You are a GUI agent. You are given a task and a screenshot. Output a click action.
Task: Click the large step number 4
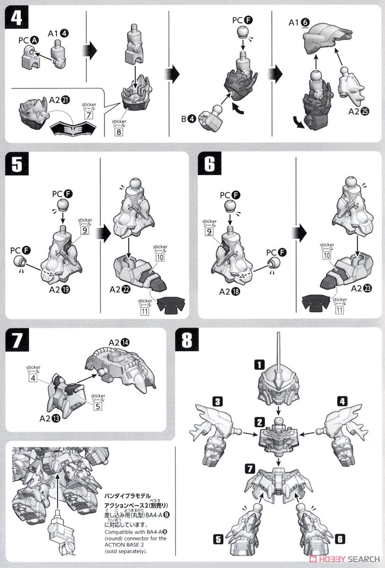click(x=17, y=17)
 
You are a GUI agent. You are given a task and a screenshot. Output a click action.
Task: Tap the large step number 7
click(x=17, y=340)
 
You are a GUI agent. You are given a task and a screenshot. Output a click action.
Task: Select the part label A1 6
click(x=299, y=23)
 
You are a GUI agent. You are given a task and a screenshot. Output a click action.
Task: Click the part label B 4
click(x=189, y=119)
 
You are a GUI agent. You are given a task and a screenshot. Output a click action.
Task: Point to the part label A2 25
click(x=359, y=111)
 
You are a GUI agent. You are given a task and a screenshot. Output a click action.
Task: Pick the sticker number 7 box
click(x=88, y=115)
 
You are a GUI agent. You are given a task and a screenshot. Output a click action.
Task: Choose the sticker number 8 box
click(x=119, y=132)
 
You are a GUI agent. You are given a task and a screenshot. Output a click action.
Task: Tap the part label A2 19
click(x=60, y=290)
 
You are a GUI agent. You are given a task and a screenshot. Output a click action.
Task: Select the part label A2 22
click(x=120, y=290)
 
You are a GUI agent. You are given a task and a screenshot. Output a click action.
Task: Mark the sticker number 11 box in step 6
click(x=340, y=310)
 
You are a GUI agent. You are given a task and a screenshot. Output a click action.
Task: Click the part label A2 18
click(x=230, y=292)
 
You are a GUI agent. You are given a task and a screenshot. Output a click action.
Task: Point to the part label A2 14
click(x=119, y=343)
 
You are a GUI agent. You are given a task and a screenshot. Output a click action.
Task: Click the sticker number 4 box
click(x=33, y=378)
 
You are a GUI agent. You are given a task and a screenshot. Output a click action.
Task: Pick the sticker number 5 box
click(x=98, y=407)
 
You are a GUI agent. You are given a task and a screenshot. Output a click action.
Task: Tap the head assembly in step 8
click(x=278, y=383)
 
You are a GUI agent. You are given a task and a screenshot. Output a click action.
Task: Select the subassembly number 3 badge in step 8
click(x=218, y=402)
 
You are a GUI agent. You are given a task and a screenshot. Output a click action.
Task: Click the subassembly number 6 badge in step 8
click(x=340, y=539)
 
